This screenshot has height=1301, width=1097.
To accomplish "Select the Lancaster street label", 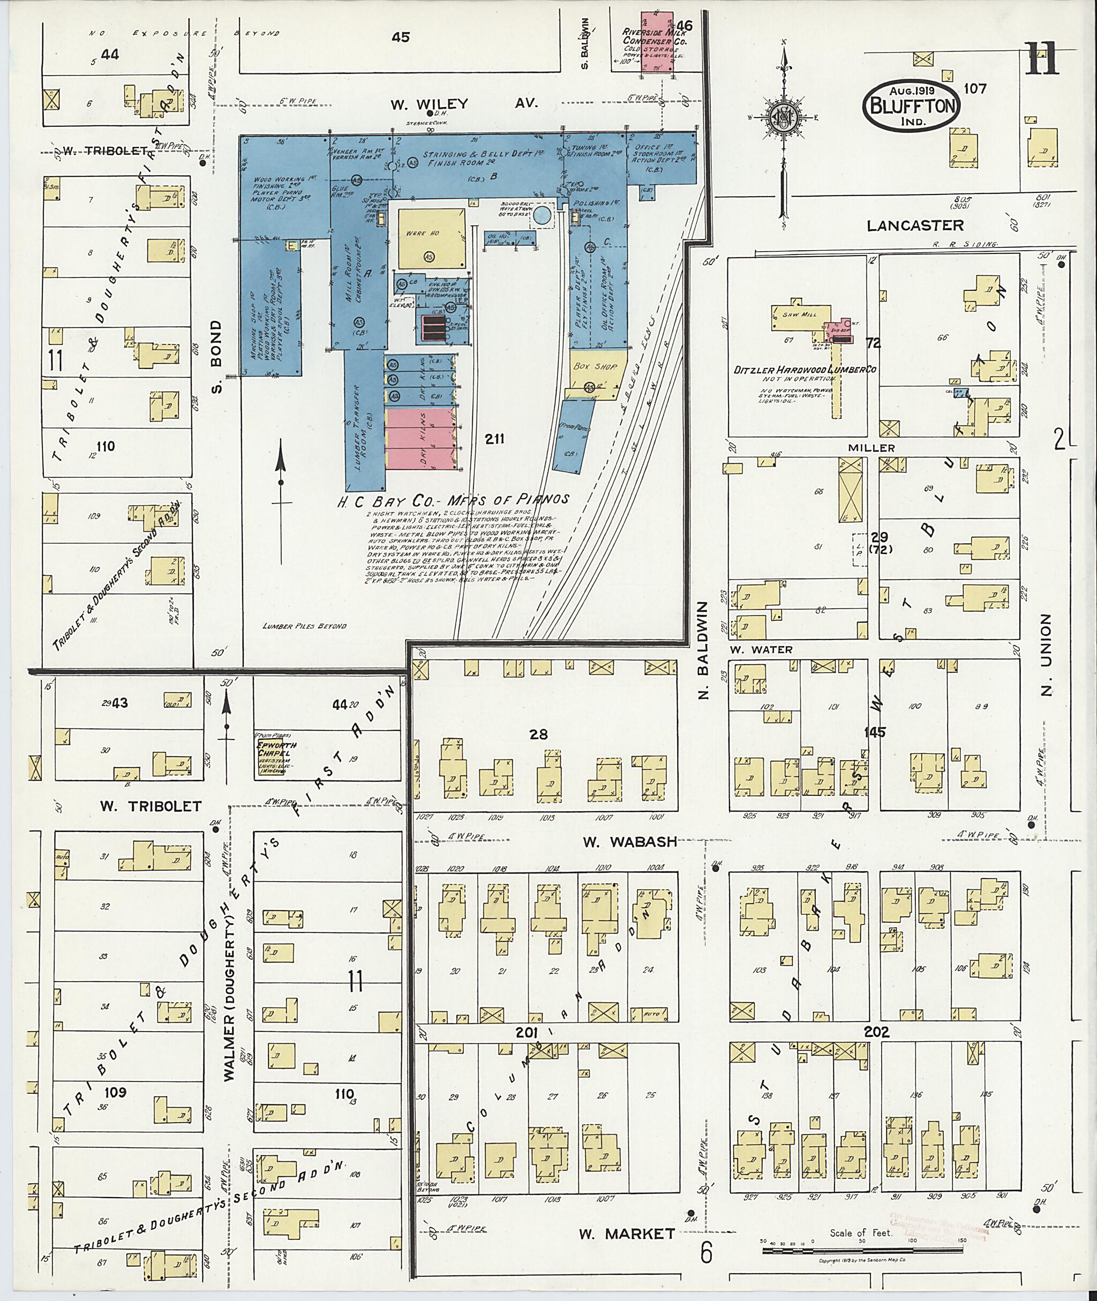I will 915,225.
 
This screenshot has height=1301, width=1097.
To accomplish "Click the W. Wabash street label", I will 629,842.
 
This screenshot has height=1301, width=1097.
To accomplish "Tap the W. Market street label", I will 626,1234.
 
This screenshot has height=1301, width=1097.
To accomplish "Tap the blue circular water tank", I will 543,215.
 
